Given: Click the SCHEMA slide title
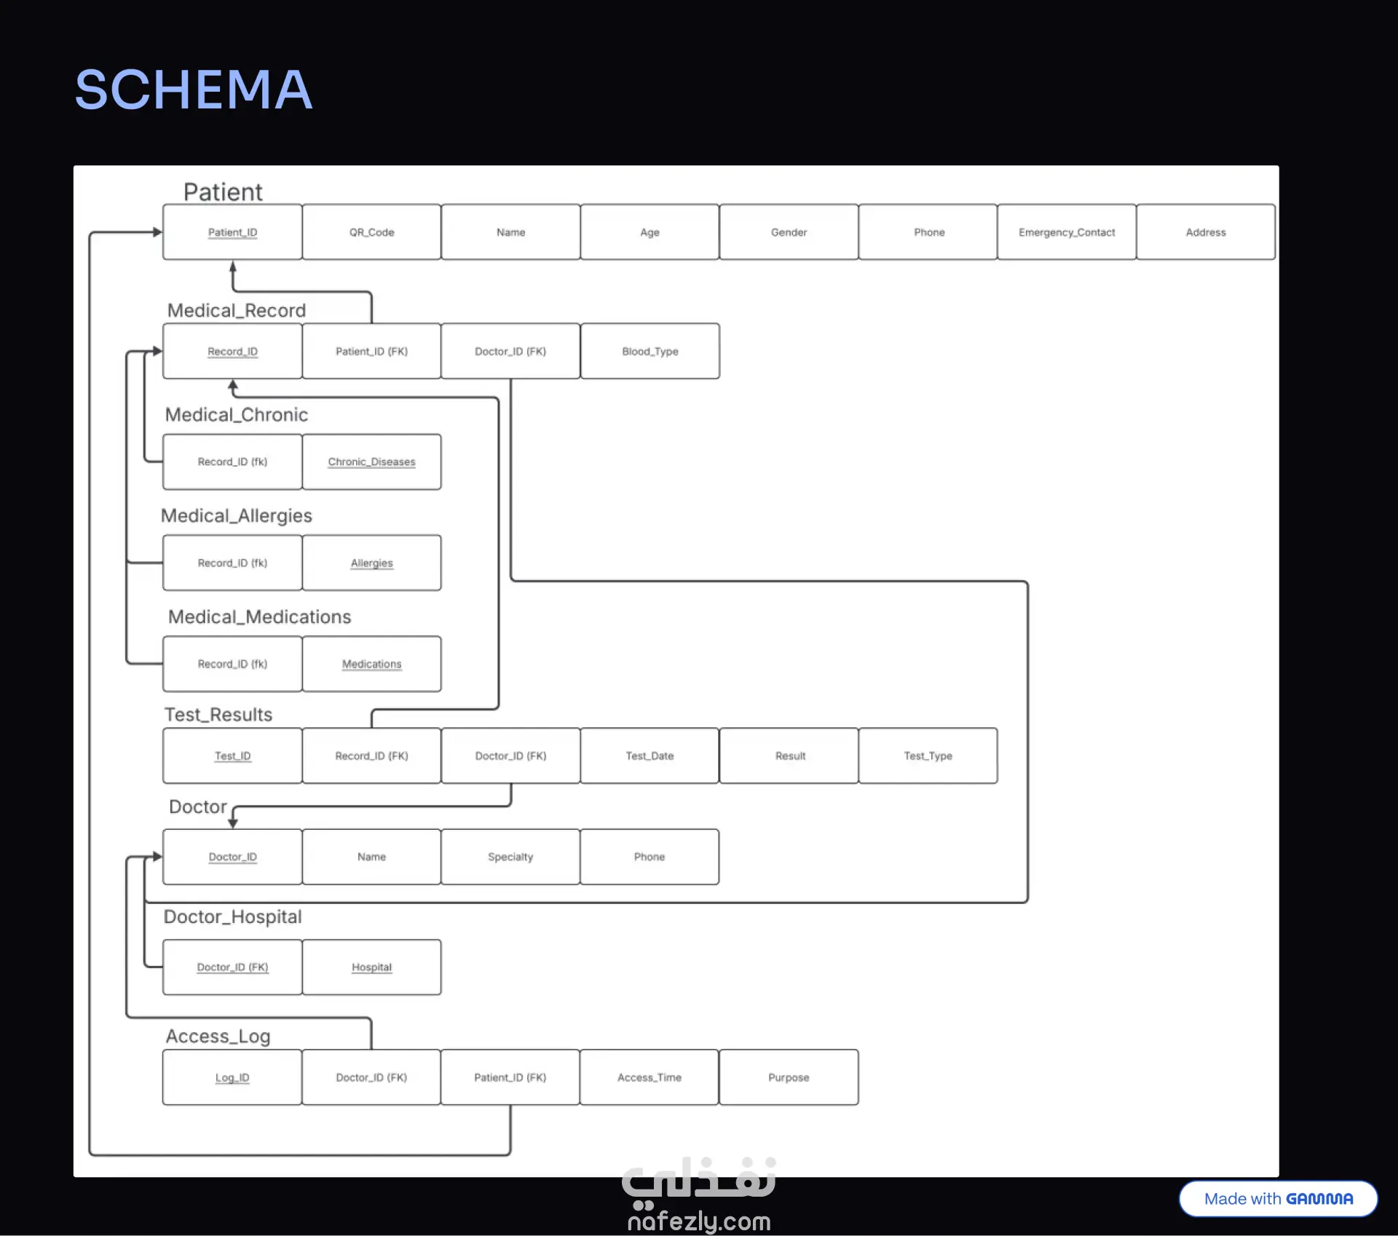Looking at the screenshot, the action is coord(194,90).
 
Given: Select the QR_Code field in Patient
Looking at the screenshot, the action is coord(371,232).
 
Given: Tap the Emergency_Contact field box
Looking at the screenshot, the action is coord(1067,232).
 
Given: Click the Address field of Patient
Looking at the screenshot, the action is coord(1206,232).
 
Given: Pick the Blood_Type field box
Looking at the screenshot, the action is coord(650,351).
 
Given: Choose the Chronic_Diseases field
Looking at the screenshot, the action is coord(371,461).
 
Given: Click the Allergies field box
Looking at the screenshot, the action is coord(371,563).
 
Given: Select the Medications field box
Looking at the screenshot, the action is coord(371,664).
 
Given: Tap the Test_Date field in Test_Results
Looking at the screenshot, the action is coord(649,756).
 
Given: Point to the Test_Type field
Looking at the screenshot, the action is coord(928,756).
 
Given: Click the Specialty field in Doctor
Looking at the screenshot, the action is coord(510,857).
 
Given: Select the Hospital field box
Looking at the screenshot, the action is coord(371,967).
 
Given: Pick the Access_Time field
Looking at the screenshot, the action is coord(649,1077).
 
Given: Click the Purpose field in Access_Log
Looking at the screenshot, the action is coord(789,1077).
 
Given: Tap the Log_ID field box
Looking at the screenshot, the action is coord(232,1077).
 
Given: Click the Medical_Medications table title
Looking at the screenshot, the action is coord(259,617).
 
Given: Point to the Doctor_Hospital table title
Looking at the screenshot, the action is coord(232,916).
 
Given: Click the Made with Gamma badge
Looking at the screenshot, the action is coord(1279,1199).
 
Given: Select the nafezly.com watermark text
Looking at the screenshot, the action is coord(699,1221).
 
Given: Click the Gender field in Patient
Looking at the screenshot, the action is coord(789,232).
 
